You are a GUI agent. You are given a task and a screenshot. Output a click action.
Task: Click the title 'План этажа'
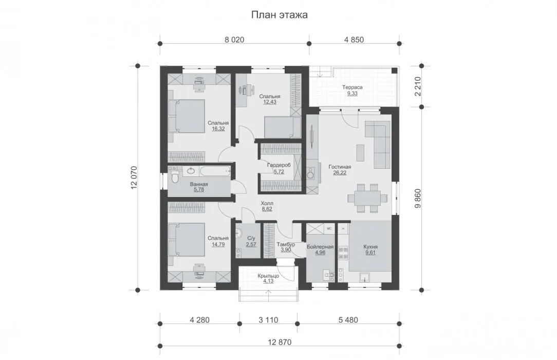(x=279, y=15)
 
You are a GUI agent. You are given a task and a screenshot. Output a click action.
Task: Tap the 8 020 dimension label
(x=234, y=40)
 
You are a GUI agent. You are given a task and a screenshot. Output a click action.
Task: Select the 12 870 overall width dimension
(x=280, y=342)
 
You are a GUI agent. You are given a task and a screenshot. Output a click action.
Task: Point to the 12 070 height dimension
(x=134, y=178)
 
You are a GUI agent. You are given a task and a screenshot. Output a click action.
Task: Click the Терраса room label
(x=352, y=87)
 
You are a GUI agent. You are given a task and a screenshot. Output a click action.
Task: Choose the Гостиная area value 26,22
(x=340, y=173)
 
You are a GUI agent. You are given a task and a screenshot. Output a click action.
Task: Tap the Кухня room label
(x=370, y=247)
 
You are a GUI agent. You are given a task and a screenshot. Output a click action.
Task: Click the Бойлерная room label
(x=320, y=247)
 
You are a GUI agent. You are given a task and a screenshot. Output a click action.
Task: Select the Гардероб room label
(x=279, y=165)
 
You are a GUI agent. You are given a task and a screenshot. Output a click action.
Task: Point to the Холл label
(x=267, y=203)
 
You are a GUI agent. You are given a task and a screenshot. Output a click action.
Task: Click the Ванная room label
(x=199, y=184)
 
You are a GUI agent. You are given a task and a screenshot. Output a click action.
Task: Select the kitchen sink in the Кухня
(x=364, y=277)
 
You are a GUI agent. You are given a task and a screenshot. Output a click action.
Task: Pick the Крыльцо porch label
(x=268, y=276)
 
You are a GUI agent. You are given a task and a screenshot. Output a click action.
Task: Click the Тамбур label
(x=286, y=244)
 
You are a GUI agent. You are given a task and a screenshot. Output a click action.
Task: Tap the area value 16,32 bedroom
(x=218, y=129)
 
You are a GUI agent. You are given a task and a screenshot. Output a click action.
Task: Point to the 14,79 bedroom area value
(x=218, y=244)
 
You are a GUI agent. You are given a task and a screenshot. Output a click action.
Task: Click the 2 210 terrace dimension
(x=418, y=86)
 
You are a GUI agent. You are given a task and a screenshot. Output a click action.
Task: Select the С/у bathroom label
(x=251, y=238)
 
